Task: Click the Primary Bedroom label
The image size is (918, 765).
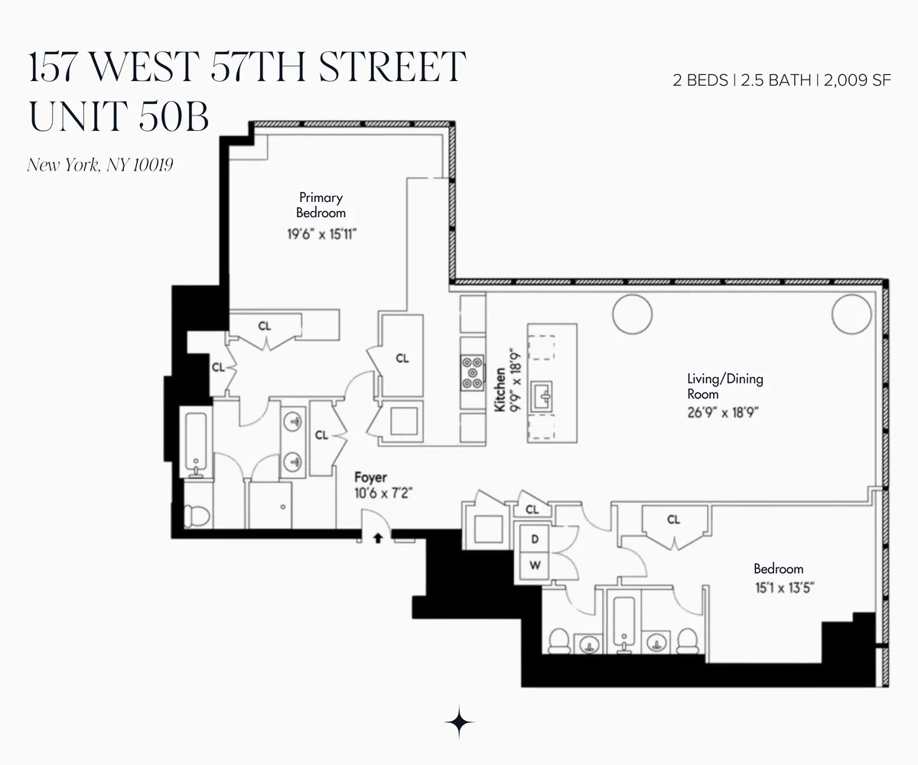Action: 322,205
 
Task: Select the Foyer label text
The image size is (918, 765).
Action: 370,478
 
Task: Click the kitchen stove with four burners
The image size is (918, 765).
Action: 472,373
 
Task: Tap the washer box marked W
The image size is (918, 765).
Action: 535,567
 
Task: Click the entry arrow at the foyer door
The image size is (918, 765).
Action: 377,538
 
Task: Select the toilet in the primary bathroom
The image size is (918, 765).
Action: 197,515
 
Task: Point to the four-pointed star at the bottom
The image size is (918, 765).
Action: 459,721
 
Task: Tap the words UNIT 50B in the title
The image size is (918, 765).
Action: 119,116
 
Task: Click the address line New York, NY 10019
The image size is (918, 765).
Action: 100,164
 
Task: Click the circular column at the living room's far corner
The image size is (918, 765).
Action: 851,314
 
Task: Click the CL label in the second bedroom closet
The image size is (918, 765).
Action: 673,520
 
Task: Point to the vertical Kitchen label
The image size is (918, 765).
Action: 500,390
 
